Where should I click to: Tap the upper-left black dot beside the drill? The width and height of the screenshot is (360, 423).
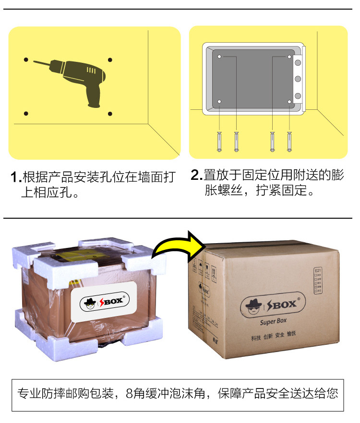pos(26,60)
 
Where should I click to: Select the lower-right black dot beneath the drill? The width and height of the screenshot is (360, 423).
pos(110,114)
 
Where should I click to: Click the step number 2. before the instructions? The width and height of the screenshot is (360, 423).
pos(196,175)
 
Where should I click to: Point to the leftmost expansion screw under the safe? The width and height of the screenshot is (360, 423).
pos(219,141)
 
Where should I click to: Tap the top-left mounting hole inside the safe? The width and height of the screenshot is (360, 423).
pos(219,57)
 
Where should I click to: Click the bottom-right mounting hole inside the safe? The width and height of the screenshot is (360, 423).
pos(290,101)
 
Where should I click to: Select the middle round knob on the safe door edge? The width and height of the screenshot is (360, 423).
pos(297,79)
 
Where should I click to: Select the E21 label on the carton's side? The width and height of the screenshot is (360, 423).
pos(317,271)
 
